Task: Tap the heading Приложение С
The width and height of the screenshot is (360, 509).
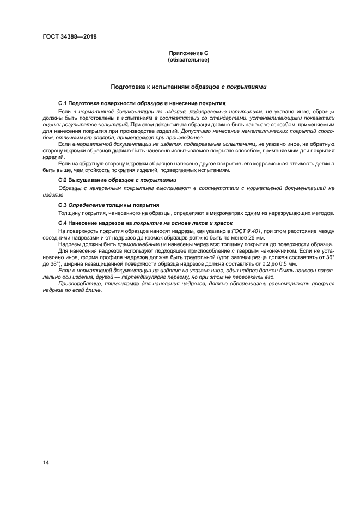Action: click(188, 53)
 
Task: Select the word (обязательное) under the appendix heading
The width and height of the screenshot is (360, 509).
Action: click(188, 59)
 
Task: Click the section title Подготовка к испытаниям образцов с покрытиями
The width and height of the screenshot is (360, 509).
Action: click(188, 87)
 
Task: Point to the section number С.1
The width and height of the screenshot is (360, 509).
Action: click(63, 103)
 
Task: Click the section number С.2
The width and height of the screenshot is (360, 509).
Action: click(63, 180)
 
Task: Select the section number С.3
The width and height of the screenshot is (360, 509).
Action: click(63, 205)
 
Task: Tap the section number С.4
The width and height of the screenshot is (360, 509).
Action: click(63, 223)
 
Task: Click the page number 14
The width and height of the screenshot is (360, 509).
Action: click(46, 462)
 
